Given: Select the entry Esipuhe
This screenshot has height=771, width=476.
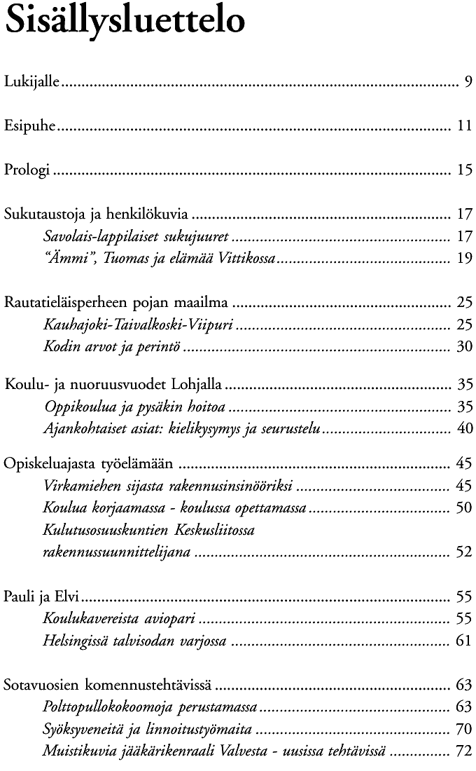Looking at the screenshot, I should coord(30,127).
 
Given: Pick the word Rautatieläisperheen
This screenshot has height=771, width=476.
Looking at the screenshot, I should coord(68,303).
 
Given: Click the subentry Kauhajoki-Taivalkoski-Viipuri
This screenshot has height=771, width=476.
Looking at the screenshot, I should coord(138,325).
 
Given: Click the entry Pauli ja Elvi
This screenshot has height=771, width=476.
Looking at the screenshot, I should coord(41,597).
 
